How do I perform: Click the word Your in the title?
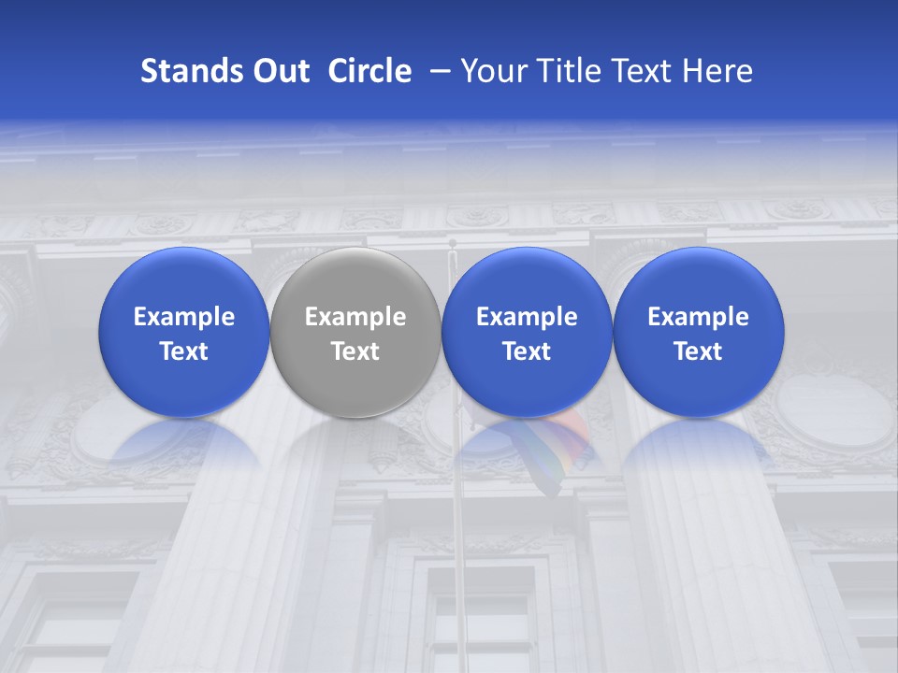[x=491, y=71]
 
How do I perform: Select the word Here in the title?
[x=719, y=71]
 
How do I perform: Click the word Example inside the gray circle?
[x=355, y=317]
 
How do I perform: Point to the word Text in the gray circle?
[x=355, y=351]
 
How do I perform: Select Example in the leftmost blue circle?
[x=183, y=317]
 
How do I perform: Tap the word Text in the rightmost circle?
[x=698, y=351]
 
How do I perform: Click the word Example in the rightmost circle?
[x=698, y=317]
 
